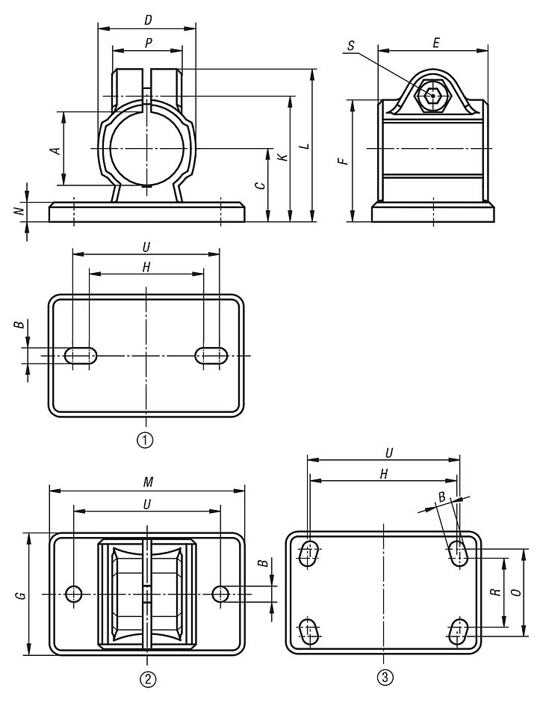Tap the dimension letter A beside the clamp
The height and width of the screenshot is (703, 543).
click(x=54, y=150)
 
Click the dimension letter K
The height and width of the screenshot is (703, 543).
click(x=282, y=158)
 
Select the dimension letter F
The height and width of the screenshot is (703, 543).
click(x=342, y=161)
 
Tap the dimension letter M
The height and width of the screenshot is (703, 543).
click(x=147, y=482)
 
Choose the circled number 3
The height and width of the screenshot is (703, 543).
click(x=383, y=678)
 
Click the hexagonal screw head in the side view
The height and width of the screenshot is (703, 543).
click(x=432, y=96)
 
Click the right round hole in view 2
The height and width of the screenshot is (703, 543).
click(x=220, y=594)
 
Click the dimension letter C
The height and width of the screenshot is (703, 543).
click(x=259, y=185)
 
